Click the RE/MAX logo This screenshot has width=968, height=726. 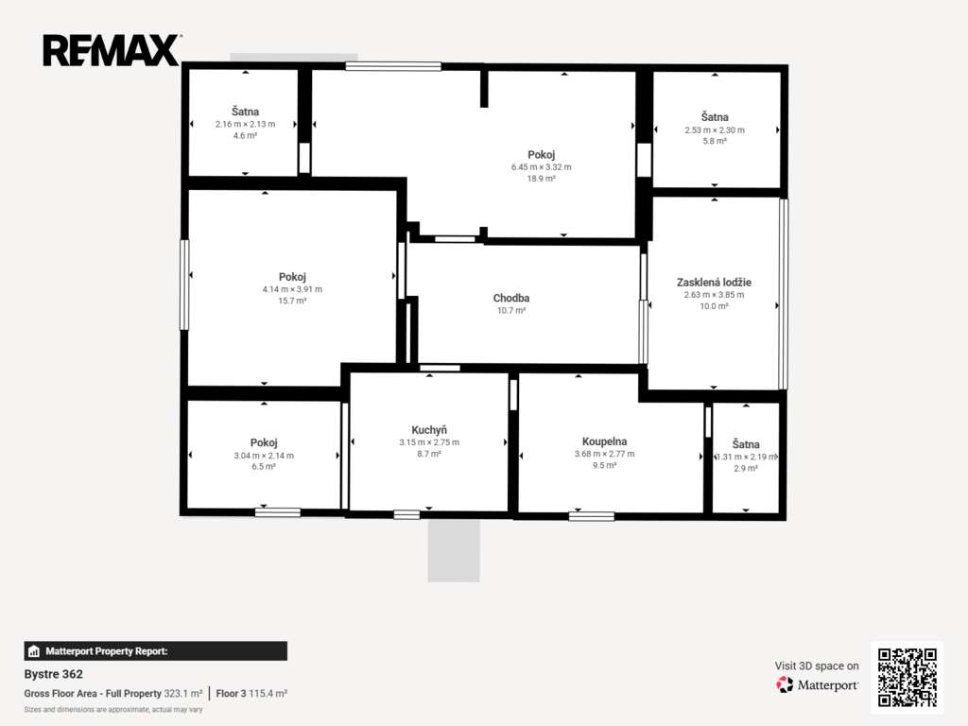point(112,51)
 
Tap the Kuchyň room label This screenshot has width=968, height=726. point(429,430)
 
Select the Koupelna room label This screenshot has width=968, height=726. point(604,441)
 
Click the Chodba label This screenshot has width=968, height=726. point(511,298)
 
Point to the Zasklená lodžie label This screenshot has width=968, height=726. point(715,282)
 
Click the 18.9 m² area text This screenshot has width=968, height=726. point(542,179)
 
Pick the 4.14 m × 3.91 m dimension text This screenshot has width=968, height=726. point(292,289)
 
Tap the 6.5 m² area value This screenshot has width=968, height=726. point(264,466)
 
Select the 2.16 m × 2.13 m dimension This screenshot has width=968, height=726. point(245,124)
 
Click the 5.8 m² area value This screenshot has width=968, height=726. point(715,141)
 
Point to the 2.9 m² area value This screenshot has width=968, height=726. point(746,468)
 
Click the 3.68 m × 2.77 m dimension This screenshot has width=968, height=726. point(604,454)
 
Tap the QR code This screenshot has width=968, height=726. point(907,677)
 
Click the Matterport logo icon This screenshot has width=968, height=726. point(785,684)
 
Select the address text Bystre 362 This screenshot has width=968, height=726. point(54,674)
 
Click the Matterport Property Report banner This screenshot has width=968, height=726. point(156,651)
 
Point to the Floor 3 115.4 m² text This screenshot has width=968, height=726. point(251,693)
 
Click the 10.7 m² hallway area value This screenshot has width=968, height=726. point(511,310)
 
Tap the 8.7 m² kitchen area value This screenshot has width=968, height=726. point(429,454)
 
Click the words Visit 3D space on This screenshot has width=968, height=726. point(817,665)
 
